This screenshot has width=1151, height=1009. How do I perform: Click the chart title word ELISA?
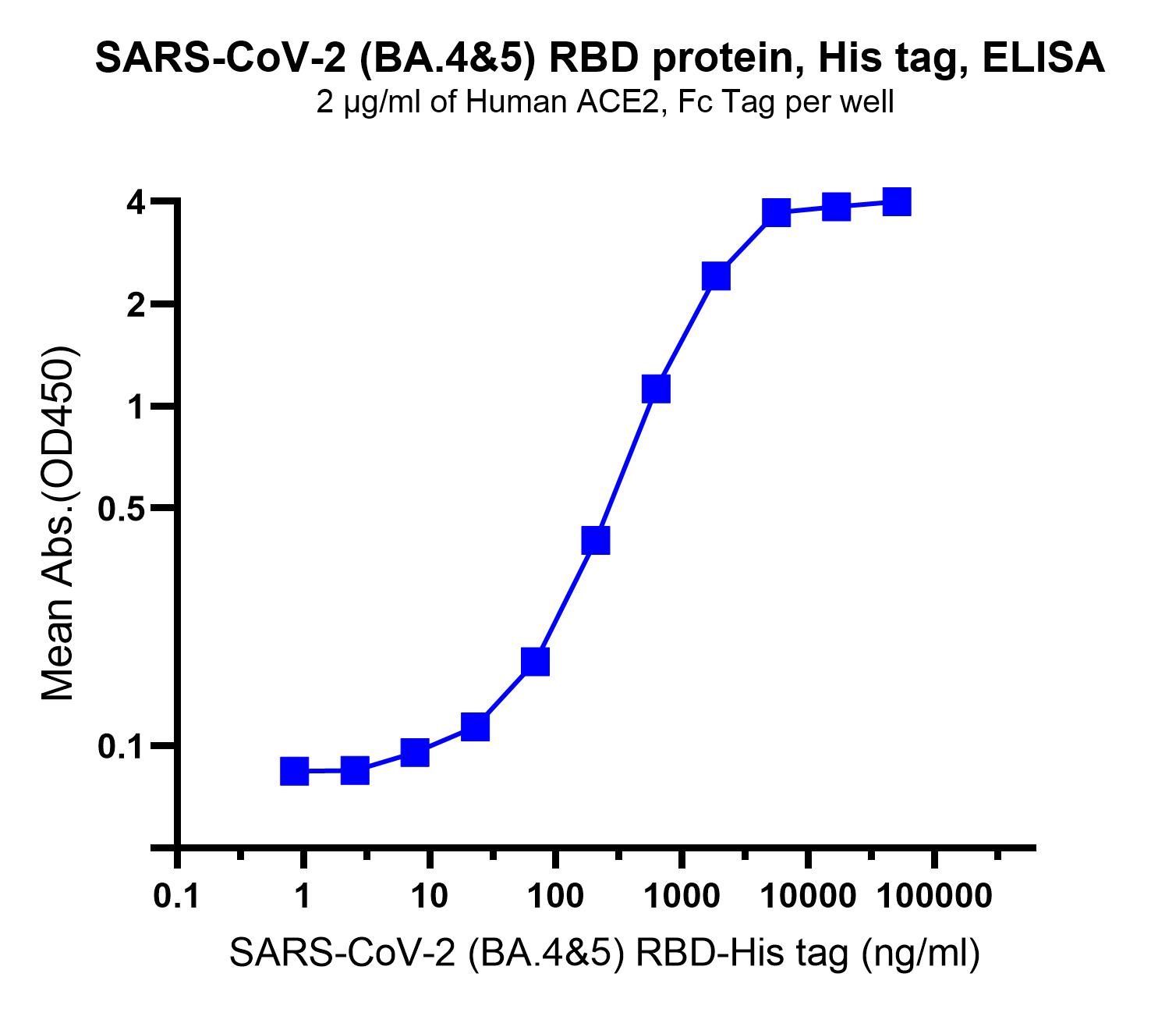point(1043,58)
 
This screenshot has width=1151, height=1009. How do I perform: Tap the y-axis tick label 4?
point(136,202)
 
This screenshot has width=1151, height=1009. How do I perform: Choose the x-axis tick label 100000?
point(934,897)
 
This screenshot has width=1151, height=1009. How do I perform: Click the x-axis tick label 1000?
point(682,897)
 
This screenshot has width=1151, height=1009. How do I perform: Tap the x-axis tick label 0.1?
point(177,897)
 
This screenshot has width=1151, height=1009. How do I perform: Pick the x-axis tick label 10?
point(429,897)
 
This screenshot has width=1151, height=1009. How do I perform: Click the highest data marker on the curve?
point(897,202)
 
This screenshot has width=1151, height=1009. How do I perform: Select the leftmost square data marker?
point(294,772)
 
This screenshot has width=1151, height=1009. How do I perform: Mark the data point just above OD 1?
point(656,389)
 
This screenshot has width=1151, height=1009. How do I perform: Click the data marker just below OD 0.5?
point(595,540)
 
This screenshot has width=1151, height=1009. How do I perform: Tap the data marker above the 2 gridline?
point(716,276)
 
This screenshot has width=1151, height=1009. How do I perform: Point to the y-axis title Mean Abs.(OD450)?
point(58,523)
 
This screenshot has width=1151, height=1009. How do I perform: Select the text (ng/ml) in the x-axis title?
point(921,954)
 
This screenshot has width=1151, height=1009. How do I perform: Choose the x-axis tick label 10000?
point(807,897)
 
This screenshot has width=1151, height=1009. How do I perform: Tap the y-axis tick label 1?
point(136,407)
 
